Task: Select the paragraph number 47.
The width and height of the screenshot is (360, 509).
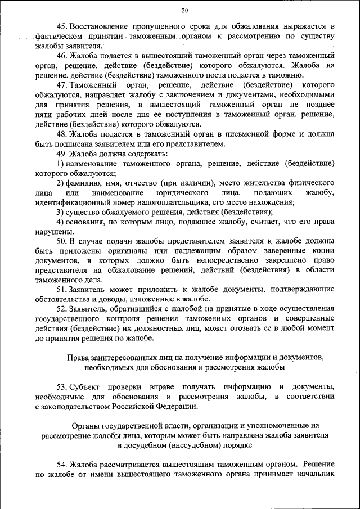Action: pyautogui.click(x=62, y=85)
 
